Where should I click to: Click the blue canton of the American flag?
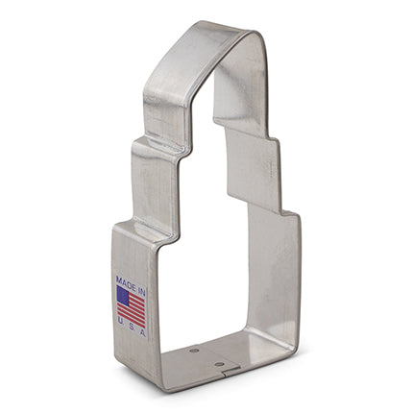(x=123, y=293)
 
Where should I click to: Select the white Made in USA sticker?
(x=132, y=304)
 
